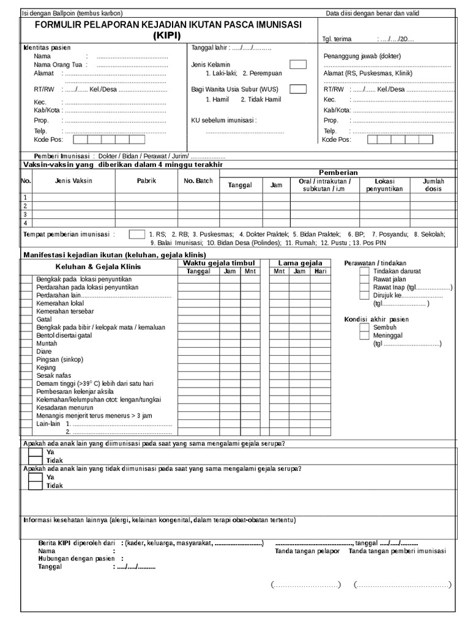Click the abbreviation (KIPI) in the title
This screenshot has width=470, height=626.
tap(167, 36)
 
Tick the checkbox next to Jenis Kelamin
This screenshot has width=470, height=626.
tap(298, 64)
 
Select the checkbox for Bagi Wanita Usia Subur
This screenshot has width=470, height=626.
tap(298, 89)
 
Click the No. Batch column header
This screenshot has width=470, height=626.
tap(198, 181)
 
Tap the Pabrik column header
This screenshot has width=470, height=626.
tap(146, 181)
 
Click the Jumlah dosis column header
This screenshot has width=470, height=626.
tap(434, 185)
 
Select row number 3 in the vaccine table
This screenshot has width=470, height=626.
tap(26, 215)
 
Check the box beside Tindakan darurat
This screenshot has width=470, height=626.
tap(364, 271)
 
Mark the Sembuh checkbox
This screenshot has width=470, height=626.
tap(364, 327)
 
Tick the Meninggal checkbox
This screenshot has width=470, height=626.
tap(364, 335)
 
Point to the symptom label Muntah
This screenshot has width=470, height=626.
tap(47, 344)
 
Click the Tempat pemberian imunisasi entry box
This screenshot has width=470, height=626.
tap(136, 234)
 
